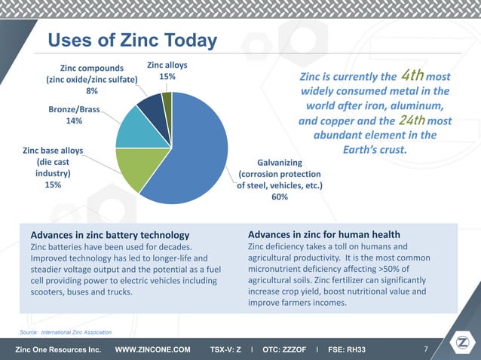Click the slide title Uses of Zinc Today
tap(132, 41)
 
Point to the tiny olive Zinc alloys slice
tap(167, 100)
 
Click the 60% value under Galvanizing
tap(279, 197)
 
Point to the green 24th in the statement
tap(412, 121)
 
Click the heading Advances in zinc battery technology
tap(104, 235)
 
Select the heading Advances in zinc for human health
tap(323, 234)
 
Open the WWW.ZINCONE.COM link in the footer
tap(152, 350)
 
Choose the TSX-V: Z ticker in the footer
tap(225, 350)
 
